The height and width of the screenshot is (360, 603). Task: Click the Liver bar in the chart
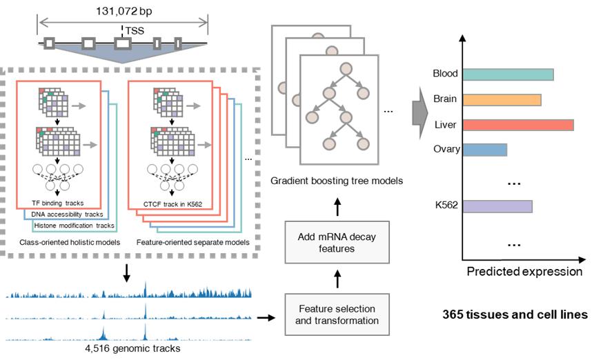pos(518,126)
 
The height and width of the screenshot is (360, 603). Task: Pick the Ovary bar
pos(485,149)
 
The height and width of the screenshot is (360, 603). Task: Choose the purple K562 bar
pos(497,206)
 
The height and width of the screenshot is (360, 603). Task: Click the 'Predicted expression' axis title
pos(524,272)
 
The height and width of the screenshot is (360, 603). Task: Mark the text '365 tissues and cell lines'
pos(515,314)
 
